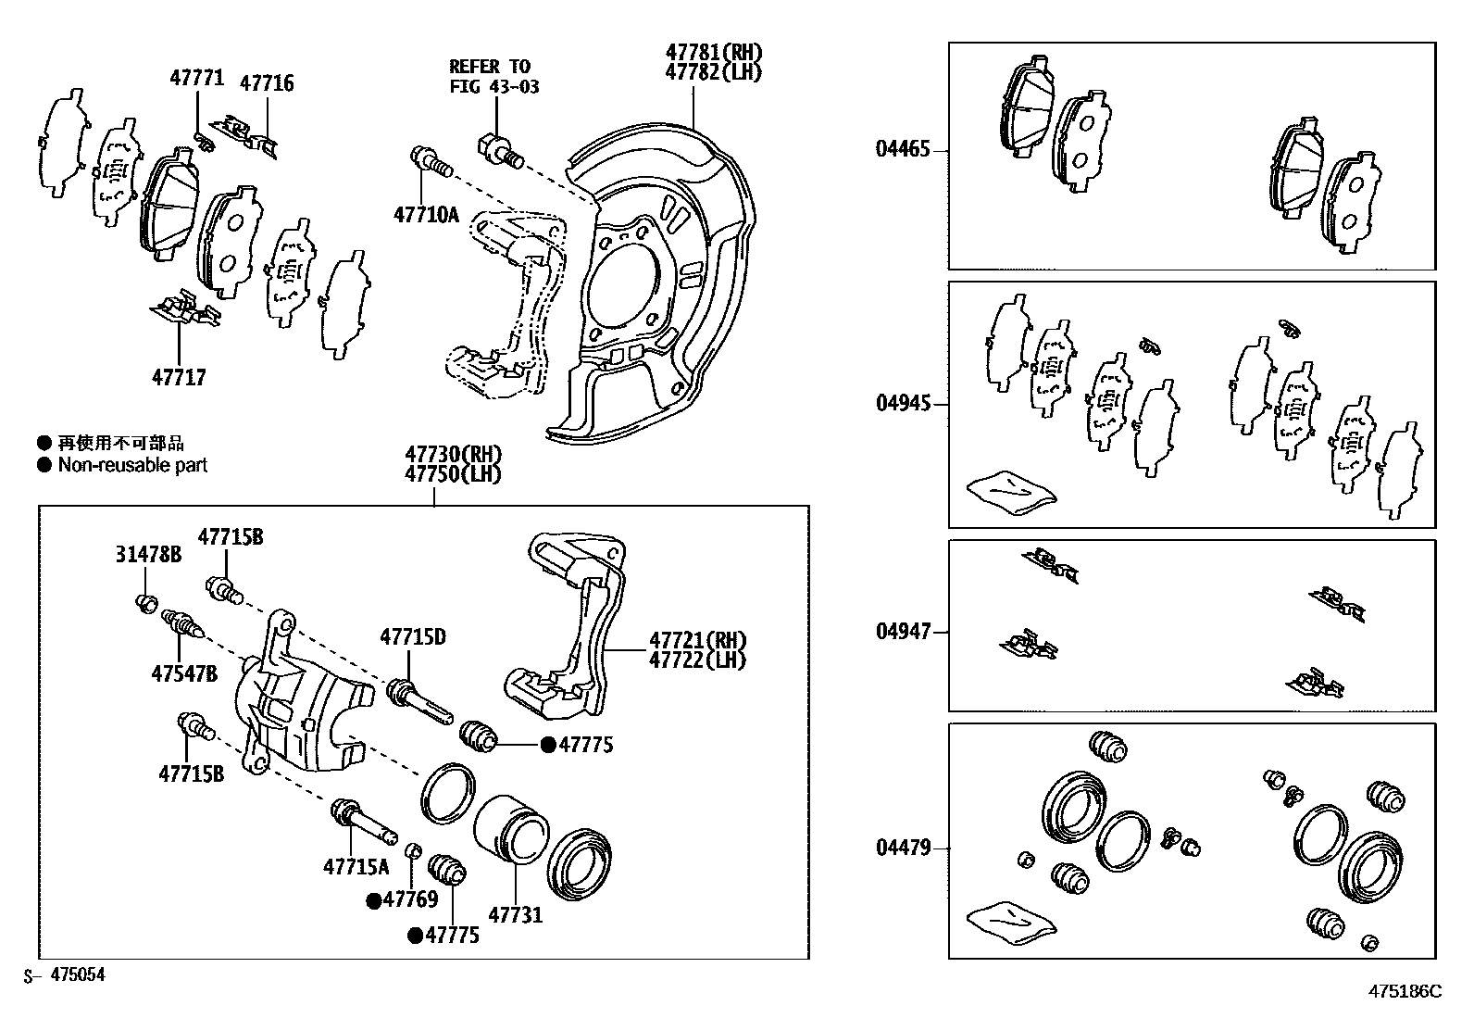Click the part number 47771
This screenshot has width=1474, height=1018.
(x=196, y=78)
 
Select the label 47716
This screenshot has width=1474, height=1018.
(x=267, y=83)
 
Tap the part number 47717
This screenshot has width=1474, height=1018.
(x=179, y=377)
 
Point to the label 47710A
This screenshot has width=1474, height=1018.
(x=426, y=215)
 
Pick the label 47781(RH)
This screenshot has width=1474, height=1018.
(x=715, y=52)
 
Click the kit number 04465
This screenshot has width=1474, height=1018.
(x=903, y=148)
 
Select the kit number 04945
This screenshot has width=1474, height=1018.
(x=903, y=404)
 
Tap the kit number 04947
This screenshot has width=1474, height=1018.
(x=903, y=632)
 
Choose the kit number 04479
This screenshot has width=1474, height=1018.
(x=903, y=848)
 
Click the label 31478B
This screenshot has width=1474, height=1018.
(x=148, y=554)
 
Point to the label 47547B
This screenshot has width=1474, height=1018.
(x=184, y=673)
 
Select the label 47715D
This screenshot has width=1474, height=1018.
(x=413, y=636)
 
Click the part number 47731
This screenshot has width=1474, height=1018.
(x=515, y=915)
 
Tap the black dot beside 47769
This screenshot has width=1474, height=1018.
(x=374, y=899)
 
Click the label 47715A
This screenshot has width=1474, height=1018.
(x=356, y=867)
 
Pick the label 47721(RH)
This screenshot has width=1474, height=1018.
(x=697, y=640)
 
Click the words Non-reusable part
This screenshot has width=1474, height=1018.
(x=132, y=465)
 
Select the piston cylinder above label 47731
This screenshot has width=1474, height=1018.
(x=511, y=830)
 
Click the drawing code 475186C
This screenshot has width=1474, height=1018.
(x=1405, y=990)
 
